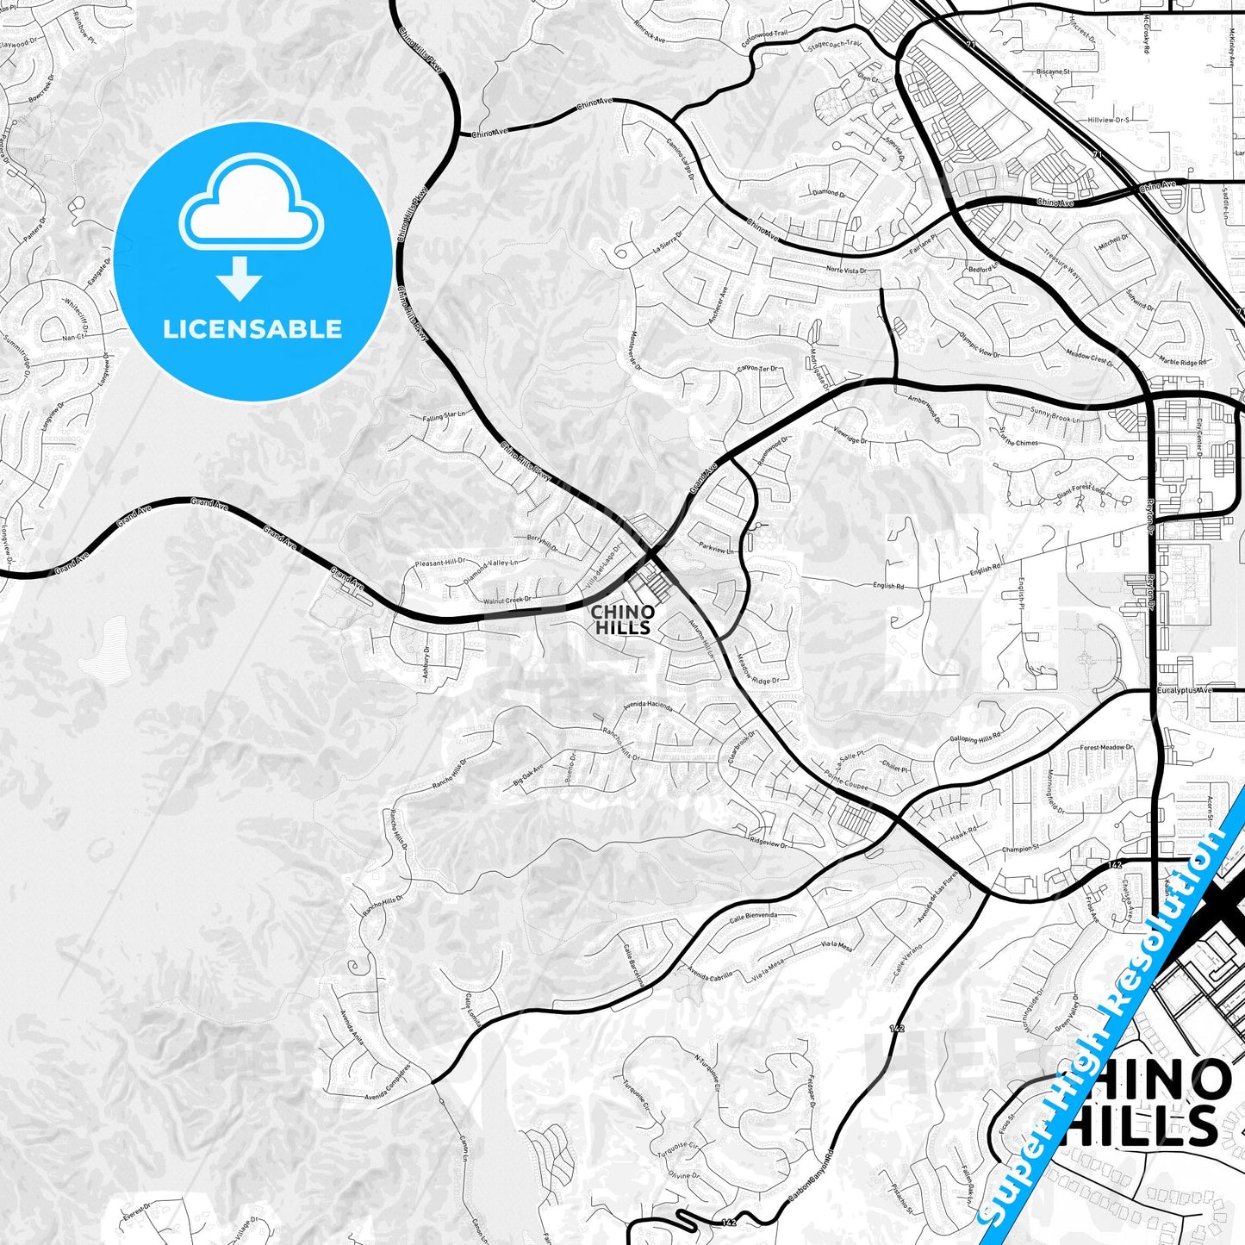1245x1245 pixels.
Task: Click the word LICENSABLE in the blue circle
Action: tap(252, 329)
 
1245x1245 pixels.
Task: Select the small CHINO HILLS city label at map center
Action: tap(623, 620)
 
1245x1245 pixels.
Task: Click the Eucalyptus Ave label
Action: tap(1185, 690)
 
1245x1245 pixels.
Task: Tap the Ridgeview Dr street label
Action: tap(769, 843)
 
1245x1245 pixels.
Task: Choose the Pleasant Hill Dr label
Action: tap(439, 563)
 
